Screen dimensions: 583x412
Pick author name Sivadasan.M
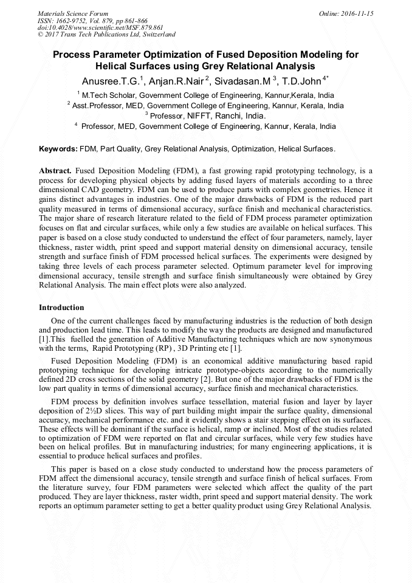click(x=241, y=81)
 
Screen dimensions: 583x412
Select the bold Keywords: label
click(x=58, y=149)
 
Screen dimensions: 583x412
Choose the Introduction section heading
click(x=61, y=308)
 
